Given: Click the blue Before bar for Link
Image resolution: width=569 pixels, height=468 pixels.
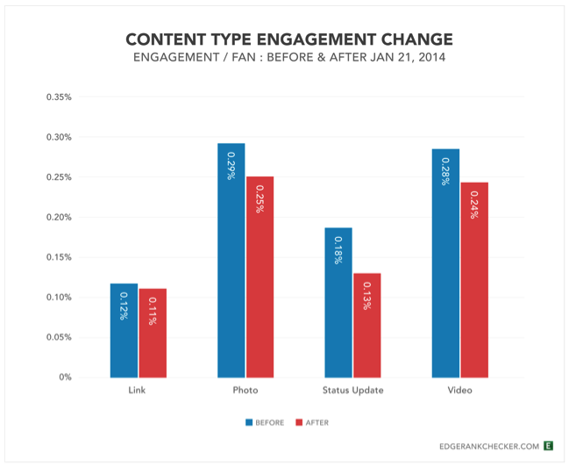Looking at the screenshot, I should [124, 330].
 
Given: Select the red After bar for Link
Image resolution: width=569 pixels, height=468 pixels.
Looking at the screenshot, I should [153, 333].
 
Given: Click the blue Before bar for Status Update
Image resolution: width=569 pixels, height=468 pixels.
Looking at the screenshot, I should [338, 302].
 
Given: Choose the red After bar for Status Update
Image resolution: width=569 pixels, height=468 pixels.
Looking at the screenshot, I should [366, 325].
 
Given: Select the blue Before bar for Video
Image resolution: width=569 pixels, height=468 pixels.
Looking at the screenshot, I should [445, 263].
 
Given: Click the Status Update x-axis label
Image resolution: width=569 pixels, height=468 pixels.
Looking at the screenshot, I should [352, 390].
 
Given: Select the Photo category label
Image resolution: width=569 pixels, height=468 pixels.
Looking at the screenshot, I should [245, 390].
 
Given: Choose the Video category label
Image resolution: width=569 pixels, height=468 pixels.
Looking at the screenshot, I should [459, 390].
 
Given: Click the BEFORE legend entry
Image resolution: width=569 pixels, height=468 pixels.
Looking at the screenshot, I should [266, 422].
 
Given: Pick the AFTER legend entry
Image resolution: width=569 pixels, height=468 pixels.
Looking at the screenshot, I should [311, 422].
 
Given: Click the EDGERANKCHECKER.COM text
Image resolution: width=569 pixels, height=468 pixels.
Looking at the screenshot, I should [489, 446].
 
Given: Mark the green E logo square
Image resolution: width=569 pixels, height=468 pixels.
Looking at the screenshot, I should [548, 446].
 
